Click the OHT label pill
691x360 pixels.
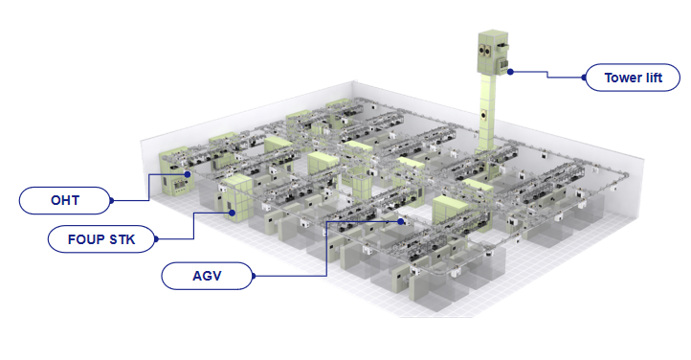65,200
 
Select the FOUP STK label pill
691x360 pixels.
101,239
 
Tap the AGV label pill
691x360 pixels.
207,276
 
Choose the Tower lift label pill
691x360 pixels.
633,78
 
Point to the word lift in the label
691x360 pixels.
654,78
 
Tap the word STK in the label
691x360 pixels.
123,239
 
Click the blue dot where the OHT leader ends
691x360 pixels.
188,174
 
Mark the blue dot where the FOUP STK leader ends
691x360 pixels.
232,214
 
